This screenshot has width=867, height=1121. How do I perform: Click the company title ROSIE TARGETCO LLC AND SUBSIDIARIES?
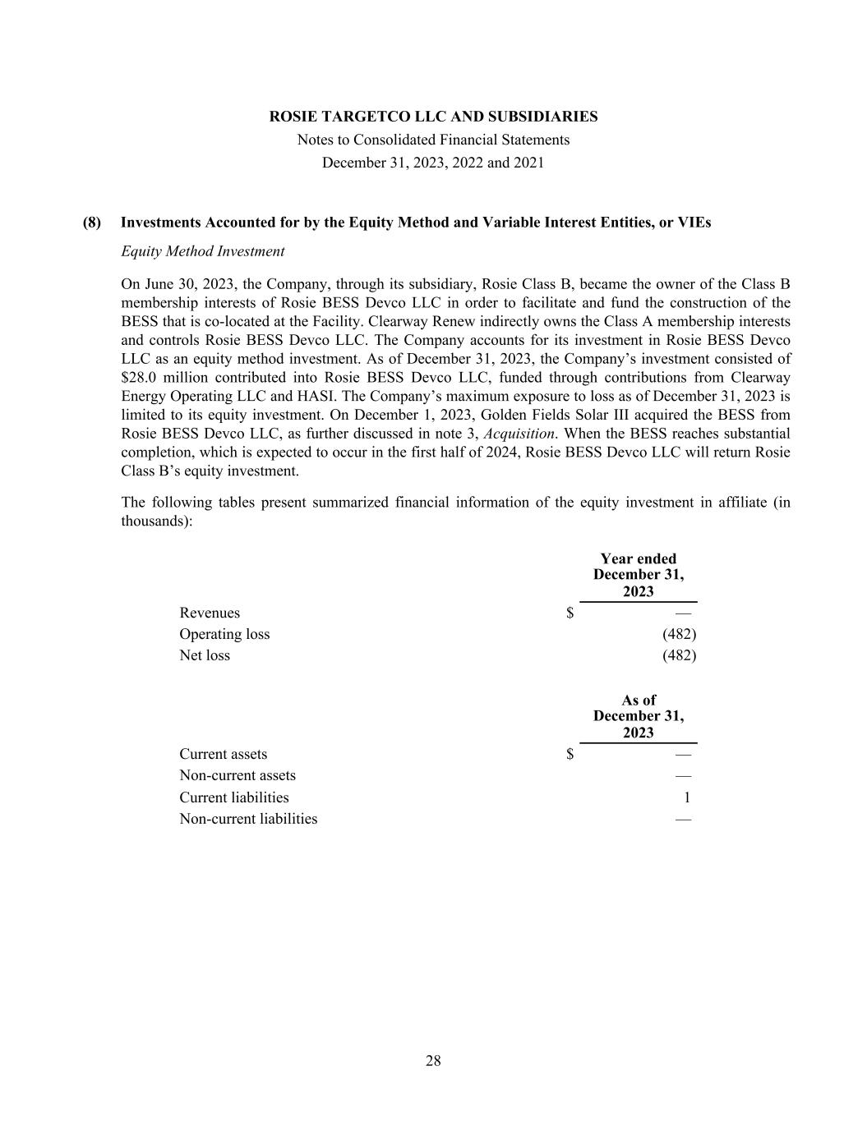(x=433, y=117)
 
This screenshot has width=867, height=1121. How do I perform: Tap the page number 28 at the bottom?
(x=433, y=1061)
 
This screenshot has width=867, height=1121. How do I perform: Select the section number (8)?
(x=92, y=223)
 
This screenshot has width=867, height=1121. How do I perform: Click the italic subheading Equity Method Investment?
(x=202, y=251)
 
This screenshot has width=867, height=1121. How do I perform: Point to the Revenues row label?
(x=210, y=613)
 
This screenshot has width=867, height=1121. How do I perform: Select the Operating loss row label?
(x=224, y=634)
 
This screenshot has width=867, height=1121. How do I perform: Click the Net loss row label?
(x=205, y=655)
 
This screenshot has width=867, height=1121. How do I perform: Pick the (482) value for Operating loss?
(x=679, y=634)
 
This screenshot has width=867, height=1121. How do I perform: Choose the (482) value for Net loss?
(x=679, y=655)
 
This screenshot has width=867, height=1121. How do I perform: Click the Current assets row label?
(x=223, y=755)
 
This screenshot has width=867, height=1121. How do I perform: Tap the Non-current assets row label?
(x=238, y=776)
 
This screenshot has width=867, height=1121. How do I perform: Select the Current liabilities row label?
(x=234, y=797)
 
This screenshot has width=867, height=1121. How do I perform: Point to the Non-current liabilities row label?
(x=248, y=819)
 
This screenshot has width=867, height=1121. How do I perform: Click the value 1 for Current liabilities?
(x=687, y=797)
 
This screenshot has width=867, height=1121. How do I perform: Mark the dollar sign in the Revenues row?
(x=570, y=613)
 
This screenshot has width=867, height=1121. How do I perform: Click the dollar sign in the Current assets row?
(x=570, y=755)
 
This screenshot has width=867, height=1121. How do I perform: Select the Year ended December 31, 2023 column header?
(x=639, y=575)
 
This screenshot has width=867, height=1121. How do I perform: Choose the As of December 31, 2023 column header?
(x=639, y=716)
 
